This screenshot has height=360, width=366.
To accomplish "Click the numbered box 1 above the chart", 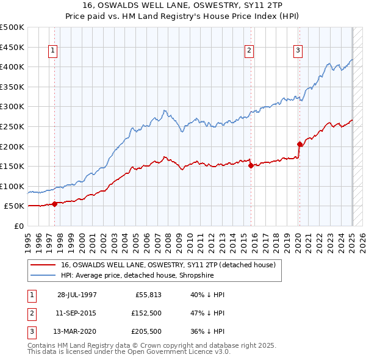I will click(54, 51).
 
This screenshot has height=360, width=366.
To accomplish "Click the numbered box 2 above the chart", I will click(249, 51).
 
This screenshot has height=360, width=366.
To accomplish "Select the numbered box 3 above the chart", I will click(298, 51).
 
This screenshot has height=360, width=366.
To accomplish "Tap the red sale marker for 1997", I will click(55, 204).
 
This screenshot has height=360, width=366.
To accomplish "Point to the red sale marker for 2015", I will click(251, 165).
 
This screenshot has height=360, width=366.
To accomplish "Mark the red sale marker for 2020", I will click(300, 145).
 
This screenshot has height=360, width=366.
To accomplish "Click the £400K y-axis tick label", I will click(12, 67).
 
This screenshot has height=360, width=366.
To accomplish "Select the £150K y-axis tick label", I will click(12, 166).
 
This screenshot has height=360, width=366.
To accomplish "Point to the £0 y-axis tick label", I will click(18, 226).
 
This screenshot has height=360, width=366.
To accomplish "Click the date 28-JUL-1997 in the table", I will click(77, 295).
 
